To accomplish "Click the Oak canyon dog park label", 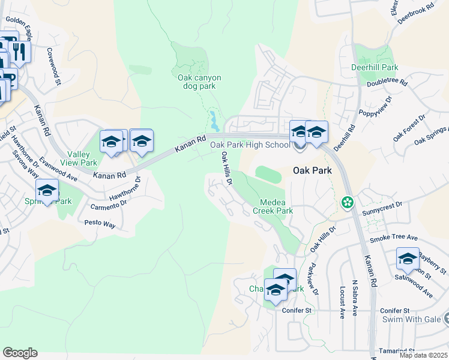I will pyautogui.click(x=199, y=82).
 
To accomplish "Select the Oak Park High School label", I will pyautogui.click(x=249, y=145).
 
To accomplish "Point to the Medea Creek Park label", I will pyautogui.click(x=276, y=206).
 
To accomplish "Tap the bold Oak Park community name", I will pyautogui.click(x=312, y=170).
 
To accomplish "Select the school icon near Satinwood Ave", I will pyautogui.click(x=408, y=259).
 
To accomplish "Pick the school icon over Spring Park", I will pyautogui.click(x=47, y=190).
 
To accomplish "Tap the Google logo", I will pyautogui.click(x=20, y=353).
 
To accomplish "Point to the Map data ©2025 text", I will pyautogui.click(x=424, y=355).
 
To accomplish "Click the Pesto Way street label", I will pyautogui.click(x=100, y=224).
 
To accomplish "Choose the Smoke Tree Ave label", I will pyautogui.click(x=393, y=238).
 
